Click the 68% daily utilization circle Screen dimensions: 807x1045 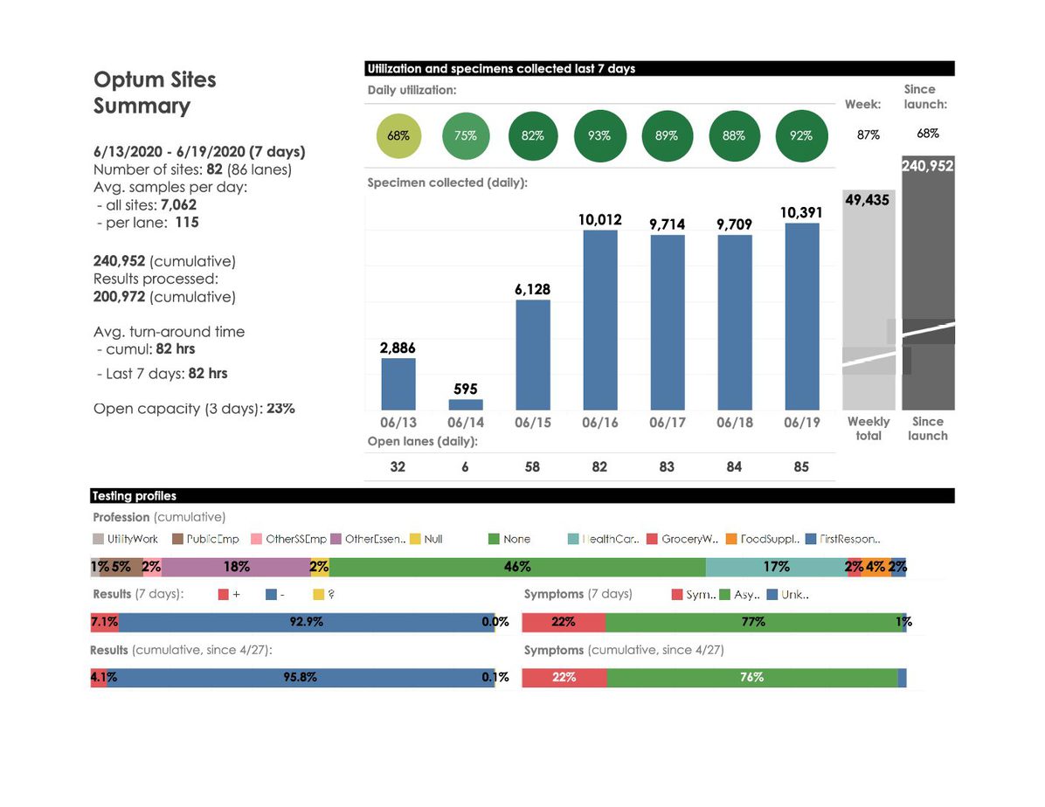tap(398, 136)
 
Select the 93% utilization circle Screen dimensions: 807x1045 tap(599, 136)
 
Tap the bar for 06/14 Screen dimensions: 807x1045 tap(466, 404)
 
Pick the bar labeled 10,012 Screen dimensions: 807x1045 tap(600, 320)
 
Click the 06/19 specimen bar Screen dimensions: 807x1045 tap(802, 316)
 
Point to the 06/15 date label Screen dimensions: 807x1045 tap(532, 423)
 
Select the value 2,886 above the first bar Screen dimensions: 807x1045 tap(398, 347)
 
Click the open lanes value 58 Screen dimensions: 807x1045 tap(532, 467)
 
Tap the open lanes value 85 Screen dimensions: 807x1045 tap(801, 467)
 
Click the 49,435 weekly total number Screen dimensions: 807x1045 tap(868, 200)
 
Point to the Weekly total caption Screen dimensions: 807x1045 tap(869, 428)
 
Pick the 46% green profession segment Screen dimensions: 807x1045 tap(517, 567)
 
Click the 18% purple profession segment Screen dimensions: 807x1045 tap(236, 567)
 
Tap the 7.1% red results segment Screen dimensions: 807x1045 tap(104, 623)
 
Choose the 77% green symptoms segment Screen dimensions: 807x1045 tap(752, 623)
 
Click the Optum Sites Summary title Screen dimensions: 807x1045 tap(155, 93)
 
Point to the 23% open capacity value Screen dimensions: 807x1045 tap(280, 408)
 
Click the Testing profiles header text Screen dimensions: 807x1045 tap(134, 496)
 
